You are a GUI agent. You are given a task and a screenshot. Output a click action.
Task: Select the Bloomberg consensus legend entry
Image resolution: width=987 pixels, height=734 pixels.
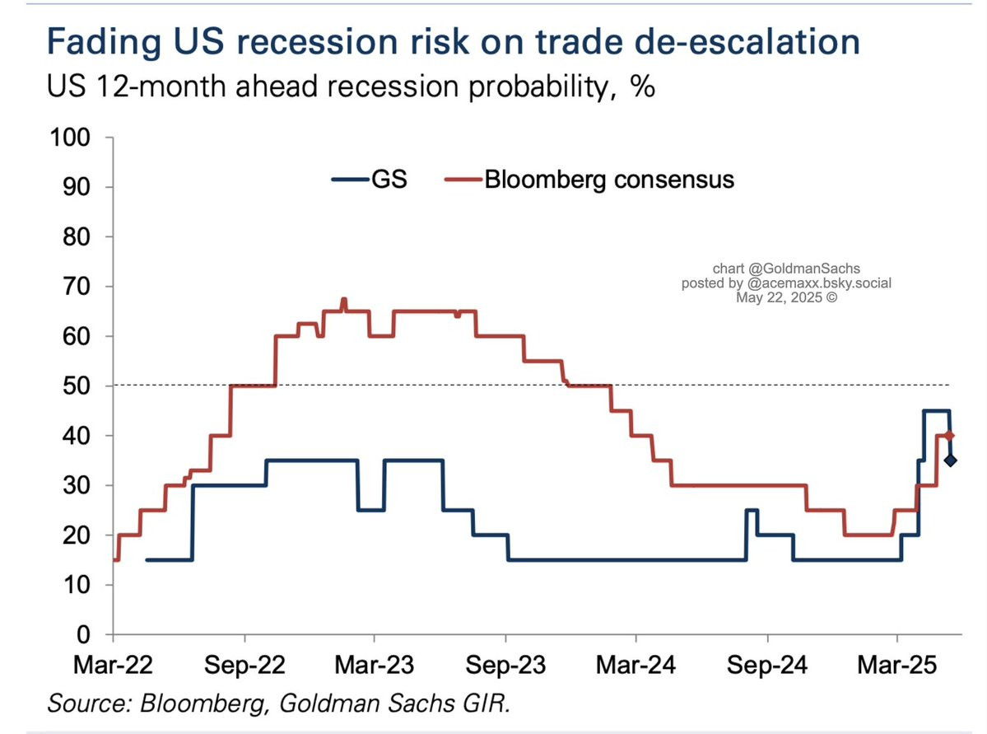[589, 179]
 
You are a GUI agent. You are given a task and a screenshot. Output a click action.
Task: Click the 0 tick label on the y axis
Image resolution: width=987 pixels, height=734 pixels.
[84, 635]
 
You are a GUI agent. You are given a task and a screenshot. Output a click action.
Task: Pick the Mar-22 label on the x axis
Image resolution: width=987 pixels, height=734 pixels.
[112, 665]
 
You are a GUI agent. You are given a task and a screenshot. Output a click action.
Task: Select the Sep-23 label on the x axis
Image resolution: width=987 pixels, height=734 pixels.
[505, 665]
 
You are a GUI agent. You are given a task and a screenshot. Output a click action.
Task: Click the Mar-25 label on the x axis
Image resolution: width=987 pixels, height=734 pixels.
[896, 665]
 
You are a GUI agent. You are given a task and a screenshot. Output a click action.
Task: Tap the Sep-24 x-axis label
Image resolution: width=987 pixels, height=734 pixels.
[767, 665]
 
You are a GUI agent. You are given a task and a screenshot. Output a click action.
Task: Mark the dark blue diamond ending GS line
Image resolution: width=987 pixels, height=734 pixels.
[949, 460]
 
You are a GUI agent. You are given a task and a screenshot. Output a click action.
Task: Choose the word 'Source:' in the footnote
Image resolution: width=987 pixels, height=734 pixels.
[88, 704]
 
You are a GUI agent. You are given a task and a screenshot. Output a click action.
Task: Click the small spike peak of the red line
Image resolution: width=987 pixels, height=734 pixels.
[343, 301]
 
